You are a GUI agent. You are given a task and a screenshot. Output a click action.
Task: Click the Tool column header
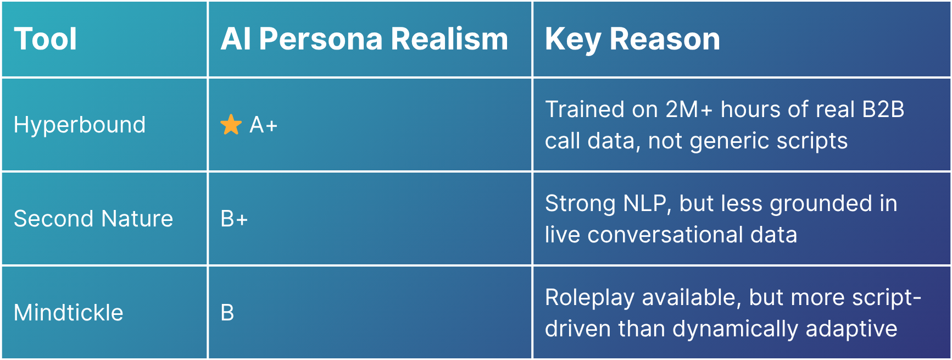(45, 39)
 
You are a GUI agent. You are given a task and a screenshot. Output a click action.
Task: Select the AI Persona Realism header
(364, 39)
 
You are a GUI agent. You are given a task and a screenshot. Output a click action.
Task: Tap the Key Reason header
(632, 40)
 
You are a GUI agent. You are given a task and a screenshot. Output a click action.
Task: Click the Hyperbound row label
(80, 125)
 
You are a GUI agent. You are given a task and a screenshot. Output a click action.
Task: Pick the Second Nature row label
(93, 219)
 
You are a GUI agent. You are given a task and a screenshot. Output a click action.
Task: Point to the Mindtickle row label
(69, 313)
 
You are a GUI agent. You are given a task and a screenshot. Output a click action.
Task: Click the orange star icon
(231, 125)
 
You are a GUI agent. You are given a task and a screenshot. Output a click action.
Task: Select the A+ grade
(264, 125)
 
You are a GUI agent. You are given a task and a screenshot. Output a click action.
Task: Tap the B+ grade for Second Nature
(234, 219)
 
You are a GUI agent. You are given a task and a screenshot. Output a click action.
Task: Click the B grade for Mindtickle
(227, 313)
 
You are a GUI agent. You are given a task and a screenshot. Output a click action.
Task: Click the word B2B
(883, 109)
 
